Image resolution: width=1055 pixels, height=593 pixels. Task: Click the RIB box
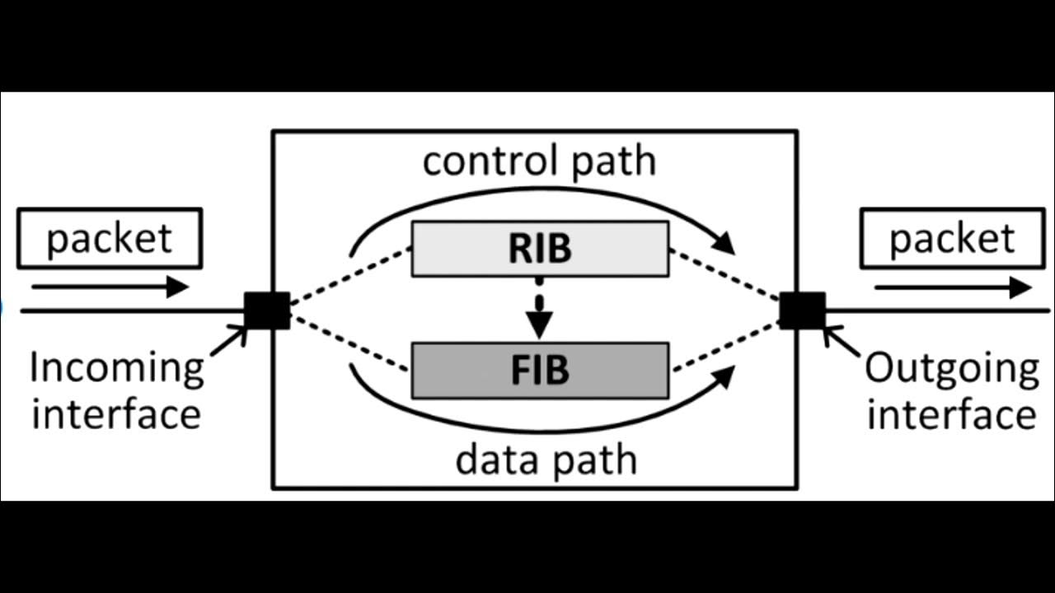pyautogui.click(x=540, y=248)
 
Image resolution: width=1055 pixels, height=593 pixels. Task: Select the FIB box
pyautogui.click(x=540, y=371)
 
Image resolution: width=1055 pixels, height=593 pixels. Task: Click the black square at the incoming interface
pyautogui.click(x=267, y=311)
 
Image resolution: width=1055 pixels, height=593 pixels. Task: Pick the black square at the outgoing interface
pyautogui.click(x=802, y=311)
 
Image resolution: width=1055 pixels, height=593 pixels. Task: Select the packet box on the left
pyautogui.click(x=110, y=238)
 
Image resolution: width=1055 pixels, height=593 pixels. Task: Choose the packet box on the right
pyautogui.click(x=952, y=238)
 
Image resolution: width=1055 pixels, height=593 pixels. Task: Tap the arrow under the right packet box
pyautogui.click(x=952, y=287)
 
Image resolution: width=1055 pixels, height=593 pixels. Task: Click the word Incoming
pyautogui.click(x=116, y=367)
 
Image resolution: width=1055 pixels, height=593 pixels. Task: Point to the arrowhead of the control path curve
pyautogui.click(x=724, y=242)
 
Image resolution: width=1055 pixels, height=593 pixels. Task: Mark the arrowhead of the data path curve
pyautogui.click(x=723, y=378)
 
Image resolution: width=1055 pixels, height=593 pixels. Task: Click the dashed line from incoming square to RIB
pyautogui.click(x=350, y=274)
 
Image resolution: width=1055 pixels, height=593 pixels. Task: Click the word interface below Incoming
pyautogui.click(x=116, y=413)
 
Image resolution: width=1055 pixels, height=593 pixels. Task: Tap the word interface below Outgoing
pyautogui.click(x=951, y=413)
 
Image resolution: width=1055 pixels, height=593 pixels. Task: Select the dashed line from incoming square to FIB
pyautogui.click(x=350, y=344)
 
